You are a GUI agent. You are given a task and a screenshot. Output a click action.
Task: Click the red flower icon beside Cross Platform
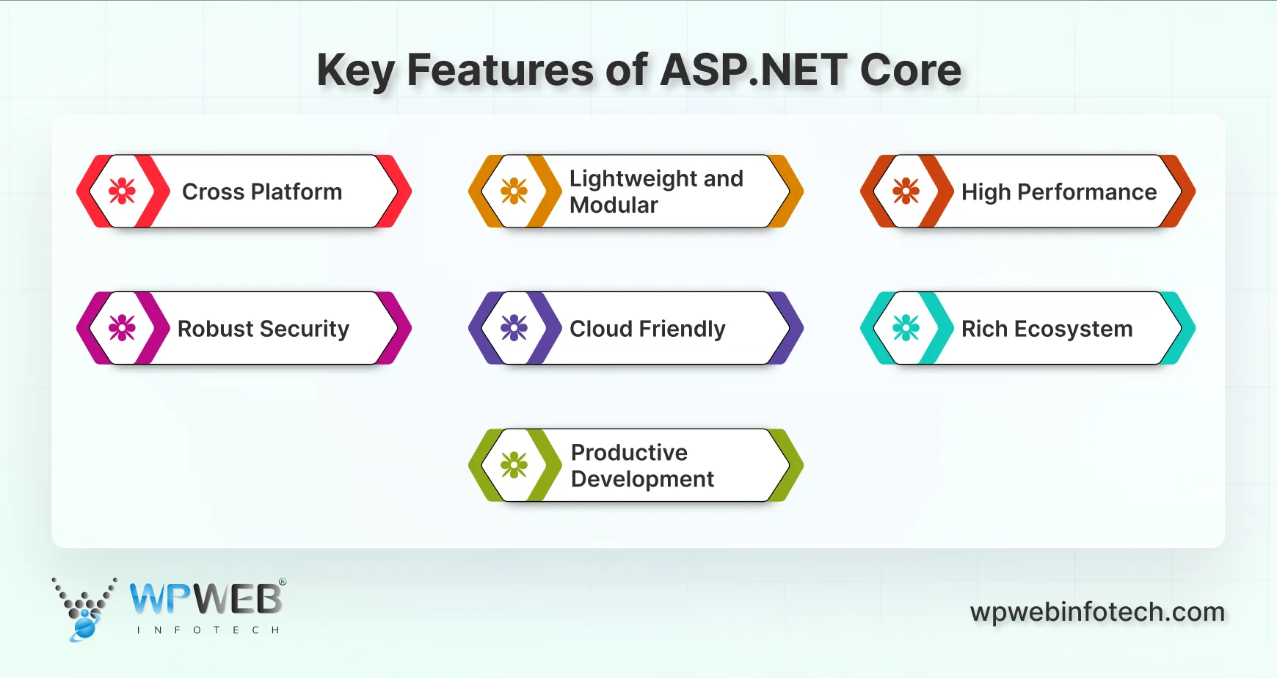[x=122, y=192]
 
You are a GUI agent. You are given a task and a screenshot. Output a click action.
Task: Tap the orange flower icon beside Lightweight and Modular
[x=514, y=192]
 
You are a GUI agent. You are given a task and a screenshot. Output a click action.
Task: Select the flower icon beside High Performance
[x=906, y=192]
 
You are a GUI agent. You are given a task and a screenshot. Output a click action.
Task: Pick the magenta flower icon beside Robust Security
[x=122, y=328]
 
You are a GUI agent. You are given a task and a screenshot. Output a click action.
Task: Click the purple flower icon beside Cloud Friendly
[x=514, y=328]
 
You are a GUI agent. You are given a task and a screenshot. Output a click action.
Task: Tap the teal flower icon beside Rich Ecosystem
[x=906, y=328]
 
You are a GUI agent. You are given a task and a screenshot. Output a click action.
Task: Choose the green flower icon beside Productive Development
[x=514, y=465]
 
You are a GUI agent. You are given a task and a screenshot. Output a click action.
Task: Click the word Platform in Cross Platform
[x=296, y=192]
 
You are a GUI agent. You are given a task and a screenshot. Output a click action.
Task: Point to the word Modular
[x=614, y=205]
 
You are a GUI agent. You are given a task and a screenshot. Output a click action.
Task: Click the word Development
[x=642, y=479]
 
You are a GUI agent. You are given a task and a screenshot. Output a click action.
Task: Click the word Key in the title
[x=355, y=71]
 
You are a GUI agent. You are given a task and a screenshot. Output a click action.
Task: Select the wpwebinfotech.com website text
[x=1097, y=612]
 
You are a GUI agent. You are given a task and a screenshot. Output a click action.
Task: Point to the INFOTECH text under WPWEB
[x=208, y=630]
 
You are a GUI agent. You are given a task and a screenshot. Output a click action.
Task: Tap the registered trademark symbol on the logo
[x=283, y=582]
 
